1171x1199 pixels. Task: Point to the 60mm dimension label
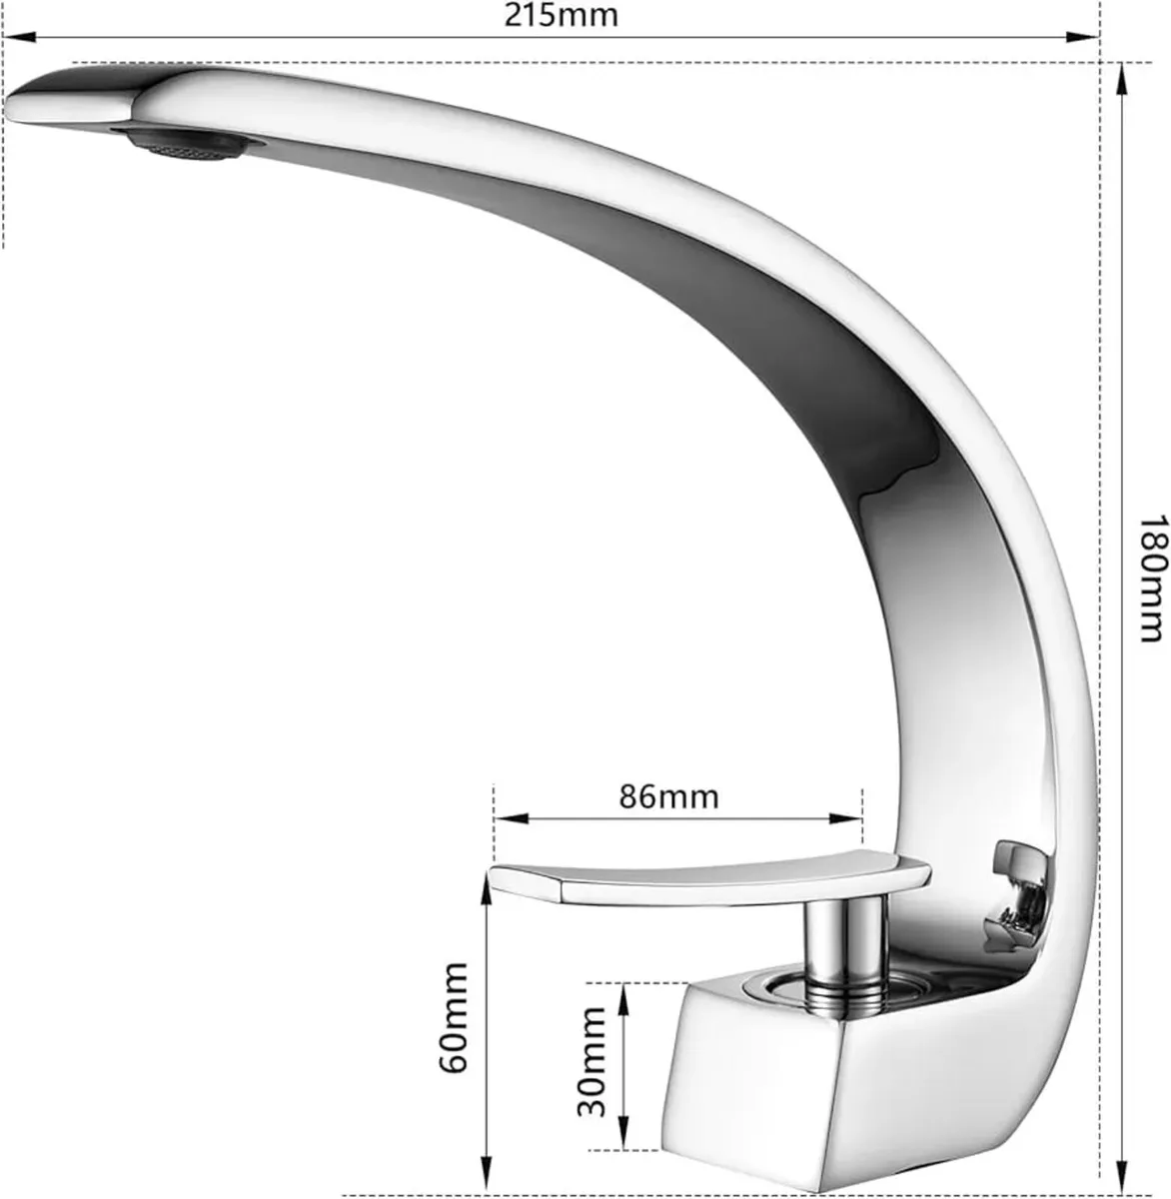pos(454,1017)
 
